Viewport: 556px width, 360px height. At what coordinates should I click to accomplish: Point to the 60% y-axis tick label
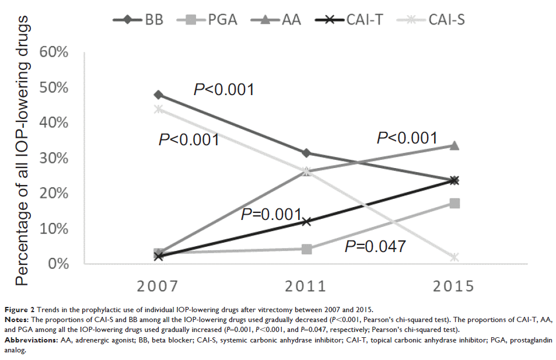click(54, 53)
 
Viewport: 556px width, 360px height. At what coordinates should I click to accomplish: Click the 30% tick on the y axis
click(54, 158)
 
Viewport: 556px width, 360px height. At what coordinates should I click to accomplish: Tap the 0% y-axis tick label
click(58, 264)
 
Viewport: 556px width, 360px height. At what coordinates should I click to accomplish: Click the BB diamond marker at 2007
click(159, 95)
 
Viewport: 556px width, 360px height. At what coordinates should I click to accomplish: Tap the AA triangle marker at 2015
click(454, 145)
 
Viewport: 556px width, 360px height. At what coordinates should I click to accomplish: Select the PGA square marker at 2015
click(454, 203)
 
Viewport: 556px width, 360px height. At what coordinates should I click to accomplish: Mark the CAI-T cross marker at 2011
click(306, 221)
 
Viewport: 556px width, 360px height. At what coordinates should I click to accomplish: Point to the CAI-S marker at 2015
click(454, 257)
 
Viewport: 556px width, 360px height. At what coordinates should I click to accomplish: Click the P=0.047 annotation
click(375, 247)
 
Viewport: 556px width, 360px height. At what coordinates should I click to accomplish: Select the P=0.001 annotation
click(272, 215)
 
